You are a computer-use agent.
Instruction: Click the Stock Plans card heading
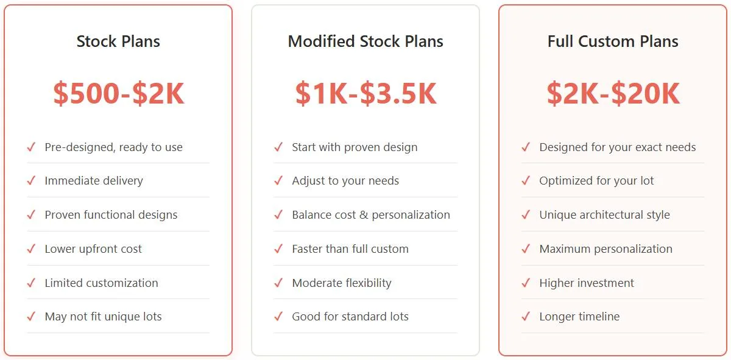point(118,41)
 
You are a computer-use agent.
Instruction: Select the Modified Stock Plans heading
point(365,41)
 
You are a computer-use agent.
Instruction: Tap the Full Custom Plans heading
point(613,41)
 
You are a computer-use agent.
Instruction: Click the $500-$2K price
point(118,94)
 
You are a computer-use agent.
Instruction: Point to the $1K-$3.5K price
point(365,94)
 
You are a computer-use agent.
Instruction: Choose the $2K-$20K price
point(613,94)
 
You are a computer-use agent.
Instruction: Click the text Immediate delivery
point(94,181)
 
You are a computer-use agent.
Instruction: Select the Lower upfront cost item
point(93,249)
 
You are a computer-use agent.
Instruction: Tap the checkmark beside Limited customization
point(31,283)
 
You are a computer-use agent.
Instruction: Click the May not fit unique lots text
point(103,317)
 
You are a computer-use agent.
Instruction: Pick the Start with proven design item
point(355,147)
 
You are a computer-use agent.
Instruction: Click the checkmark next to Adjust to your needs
point(278,181)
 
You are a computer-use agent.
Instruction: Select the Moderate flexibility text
point(342,283)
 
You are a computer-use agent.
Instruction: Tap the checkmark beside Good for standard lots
point(278,317)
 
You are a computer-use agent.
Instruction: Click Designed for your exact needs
point(617,147)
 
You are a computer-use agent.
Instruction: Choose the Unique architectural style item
point(604,215)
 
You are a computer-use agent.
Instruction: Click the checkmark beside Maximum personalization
point(526,249)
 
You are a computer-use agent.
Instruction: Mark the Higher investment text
point(587,283)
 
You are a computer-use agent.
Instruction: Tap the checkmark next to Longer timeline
point(526,317)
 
